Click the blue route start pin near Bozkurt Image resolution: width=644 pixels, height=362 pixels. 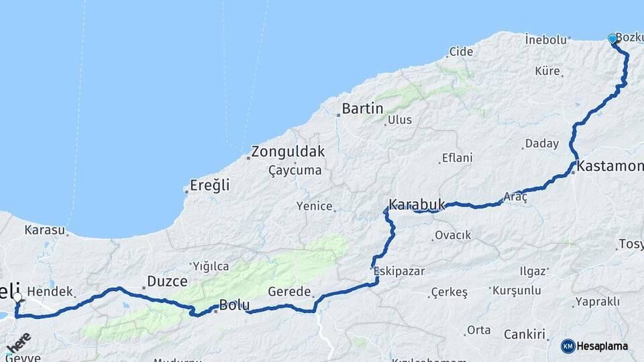(612, 39)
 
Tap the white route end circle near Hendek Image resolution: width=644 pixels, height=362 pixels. (17, 296)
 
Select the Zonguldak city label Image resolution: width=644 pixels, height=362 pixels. (288, 152)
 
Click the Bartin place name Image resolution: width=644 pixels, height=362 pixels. (362, 109)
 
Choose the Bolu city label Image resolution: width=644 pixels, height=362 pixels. (235, 306)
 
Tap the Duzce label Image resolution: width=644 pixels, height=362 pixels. (168, 282)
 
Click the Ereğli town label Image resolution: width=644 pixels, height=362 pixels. (209, 186)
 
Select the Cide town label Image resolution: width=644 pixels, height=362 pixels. (461, 52)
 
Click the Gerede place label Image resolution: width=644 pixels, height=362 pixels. (290, 292)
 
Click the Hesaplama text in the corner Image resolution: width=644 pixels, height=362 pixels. (603, 347)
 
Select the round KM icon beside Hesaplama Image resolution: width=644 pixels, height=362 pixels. (568, 347)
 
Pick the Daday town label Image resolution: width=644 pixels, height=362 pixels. (542, 144)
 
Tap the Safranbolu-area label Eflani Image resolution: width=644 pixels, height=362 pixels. (457, 158)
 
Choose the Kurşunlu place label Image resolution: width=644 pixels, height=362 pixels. (517, 291)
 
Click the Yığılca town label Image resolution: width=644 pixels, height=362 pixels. (211, 265)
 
